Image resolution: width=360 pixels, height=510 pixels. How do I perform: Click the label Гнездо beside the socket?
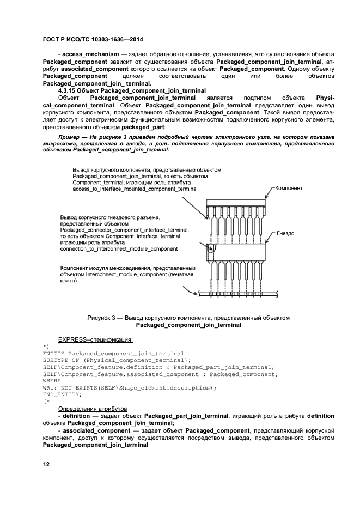click(x=285, y=233)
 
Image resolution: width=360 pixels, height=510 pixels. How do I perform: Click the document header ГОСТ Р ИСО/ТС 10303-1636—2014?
click(x=93, y=40)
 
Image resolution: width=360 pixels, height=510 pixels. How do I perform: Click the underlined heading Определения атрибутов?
click(x=93, y=408)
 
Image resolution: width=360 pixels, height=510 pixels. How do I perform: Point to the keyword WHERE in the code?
click(x=52, y=381)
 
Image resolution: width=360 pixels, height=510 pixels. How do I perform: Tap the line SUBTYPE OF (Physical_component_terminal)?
click(x=117, y=360)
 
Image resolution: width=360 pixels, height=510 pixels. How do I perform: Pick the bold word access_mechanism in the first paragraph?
click(x=88, y=56)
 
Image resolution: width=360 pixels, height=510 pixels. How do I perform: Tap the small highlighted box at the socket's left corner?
click(x=211, y=250)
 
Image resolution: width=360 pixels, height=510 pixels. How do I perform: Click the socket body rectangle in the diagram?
click(x=240, y=251)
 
